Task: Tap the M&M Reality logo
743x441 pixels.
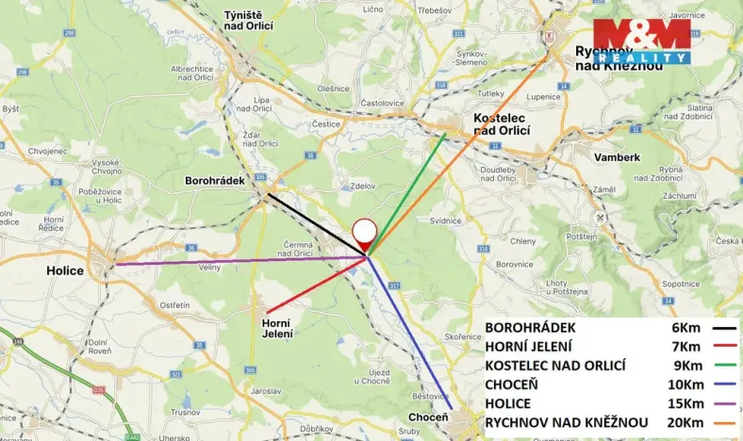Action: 640,40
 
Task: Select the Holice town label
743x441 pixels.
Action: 65,270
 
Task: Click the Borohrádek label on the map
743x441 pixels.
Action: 214,180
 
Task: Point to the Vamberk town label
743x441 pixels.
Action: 617,157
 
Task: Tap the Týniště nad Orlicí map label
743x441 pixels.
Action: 248,20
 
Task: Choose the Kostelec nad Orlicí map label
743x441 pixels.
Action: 501,122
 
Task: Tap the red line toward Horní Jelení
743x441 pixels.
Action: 316,284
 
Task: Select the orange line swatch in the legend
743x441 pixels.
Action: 725,422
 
